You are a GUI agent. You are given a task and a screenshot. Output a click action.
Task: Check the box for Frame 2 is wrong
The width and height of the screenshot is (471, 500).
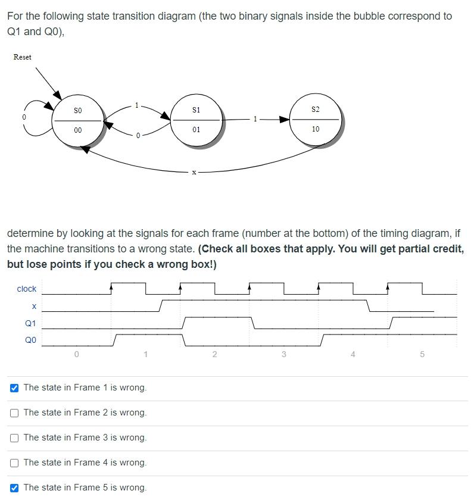14,412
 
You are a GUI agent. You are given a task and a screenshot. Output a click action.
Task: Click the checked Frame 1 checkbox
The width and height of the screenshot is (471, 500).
14,387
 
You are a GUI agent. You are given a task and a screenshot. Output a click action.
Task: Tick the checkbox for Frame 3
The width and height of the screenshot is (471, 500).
14,437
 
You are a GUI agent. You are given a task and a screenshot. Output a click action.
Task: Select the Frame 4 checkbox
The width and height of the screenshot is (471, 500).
14,462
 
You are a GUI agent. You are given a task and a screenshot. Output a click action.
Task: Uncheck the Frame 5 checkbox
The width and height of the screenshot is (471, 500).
14,487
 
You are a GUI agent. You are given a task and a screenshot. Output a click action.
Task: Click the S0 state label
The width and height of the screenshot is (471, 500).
78,111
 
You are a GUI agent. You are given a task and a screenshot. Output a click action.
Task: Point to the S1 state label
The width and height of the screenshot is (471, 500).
196,110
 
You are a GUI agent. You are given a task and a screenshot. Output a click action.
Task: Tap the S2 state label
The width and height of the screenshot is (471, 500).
316,110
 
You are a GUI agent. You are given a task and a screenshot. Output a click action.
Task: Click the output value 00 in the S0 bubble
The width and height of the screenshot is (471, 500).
78,130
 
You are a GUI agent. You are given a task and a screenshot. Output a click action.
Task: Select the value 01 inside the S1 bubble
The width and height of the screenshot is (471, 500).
196,129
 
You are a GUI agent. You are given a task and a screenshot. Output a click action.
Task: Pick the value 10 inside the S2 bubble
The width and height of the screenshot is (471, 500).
316,129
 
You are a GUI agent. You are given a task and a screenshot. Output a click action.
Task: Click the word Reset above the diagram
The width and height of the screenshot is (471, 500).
23,57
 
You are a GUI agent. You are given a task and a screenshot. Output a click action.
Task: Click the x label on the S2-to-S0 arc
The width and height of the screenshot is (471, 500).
194,172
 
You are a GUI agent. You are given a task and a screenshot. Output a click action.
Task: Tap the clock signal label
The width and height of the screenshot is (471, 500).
27,289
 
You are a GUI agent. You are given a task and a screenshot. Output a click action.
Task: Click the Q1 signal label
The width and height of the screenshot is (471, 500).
30,323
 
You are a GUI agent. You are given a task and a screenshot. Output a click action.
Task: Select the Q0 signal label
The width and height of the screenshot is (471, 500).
30,340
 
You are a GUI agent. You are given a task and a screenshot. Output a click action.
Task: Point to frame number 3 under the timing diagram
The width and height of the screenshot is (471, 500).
283,354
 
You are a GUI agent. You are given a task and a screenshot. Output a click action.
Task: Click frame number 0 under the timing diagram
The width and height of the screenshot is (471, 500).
76,354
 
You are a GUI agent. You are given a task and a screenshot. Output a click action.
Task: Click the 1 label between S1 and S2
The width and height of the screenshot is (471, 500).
255,119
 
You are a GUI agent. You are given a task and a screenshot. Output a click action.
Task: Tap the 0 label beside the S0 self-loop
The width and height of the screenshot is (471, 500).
24,117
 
